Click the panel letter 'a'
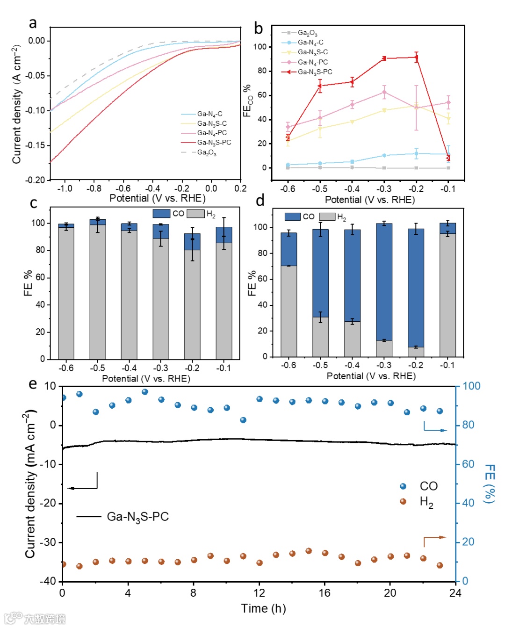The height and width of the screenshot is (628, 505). click(x=33, y=23)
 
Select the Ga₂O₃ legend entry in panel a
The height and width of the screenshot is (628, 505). click(x=206, y=152)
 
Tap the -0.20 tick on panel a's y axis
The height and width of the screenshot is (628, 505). click(x=36, y=180)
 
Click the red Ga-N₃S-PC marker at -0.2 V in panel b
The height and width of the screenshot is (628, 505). click(x=416, y=58)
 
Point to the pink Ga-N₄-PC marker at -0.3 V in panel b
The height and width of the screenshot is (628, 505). click(x=384, y=92)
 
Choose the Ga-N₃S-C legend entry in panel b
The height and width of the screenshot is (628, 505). click(x=312, y=52)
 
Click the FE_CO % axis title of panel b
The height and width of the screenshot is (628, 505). click(x=247, y=101)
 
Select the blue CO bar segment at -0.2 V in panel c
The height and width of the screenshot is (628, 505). click(x=192, y=242)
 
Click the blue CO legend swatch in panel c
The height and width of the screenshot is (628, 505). click(x=161, y=213)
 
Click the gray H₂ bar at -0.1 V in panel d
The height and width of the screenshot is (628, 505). click(x=447, y=295)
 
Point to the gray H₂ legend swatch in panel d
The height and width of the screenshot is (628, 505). click(x=327, y=217)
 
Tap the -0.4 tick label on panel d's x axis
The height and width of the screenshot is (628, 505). click(x=352, y=365)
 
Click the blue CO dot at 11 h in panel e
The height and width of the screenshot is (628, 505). click(x=243, y=420)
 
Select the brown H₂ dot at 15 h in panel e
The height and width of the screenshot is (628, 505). click(x=309, y=551)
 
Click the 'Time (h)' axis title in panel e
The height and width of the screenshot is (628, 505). click(x=263, y=608)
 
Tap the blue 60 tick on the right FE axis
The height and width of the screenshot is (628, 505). click(x=468, y=464)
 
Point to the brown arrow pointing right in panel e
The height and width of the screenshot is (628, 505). click(x=435, y=538)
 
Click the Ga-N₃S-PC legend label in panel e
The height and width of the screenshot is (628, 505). click(x=137, y=517)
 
